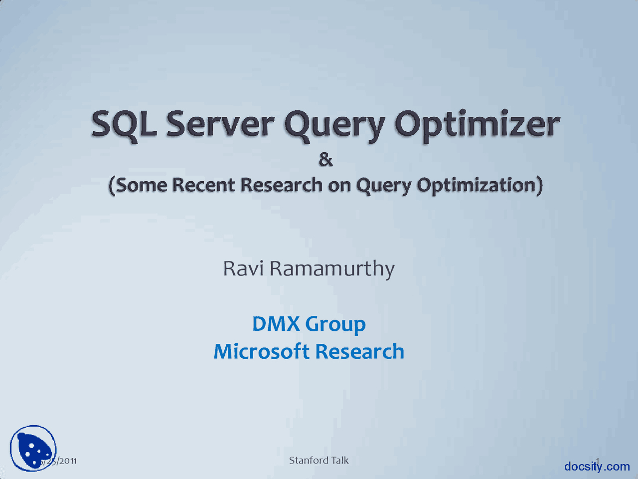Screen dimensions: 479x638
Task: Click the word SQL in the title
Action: click(x=124, y=125)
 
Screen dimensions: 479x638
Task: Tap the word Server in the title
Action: click(x=220, y=125)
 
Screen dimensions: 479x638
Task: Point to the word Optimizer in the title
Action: click(x=477, y=125)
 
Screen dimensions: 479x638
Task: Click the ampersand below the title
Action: click(x=325, y=160)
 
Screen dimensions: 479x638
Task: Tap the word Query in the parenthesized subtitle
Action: click(x=383, y=186)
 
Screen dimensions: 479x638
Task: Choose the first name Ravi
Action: click(x=243, y=268)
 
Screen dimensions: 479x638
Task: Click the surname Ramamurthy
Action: click(x=332, y=269)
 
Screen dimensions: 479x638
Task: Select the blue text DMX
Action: click(x=276, y=324)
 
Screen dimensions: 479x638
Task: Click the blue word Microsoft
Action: click(x=262, y=352)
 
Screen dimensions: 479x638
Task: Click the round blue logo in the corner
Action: click(x=33, y=448)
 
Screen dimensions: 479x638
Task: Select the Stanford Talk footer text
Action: click(x=319, y=460)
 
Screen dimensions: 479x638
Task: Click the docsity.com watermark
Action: click(x=597, y=467)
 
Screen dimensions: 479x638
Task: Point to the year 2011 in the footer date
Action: click(x=67, y=461)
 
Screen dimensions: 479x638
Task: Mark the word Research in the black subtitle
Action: click(x=281, y=185)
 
